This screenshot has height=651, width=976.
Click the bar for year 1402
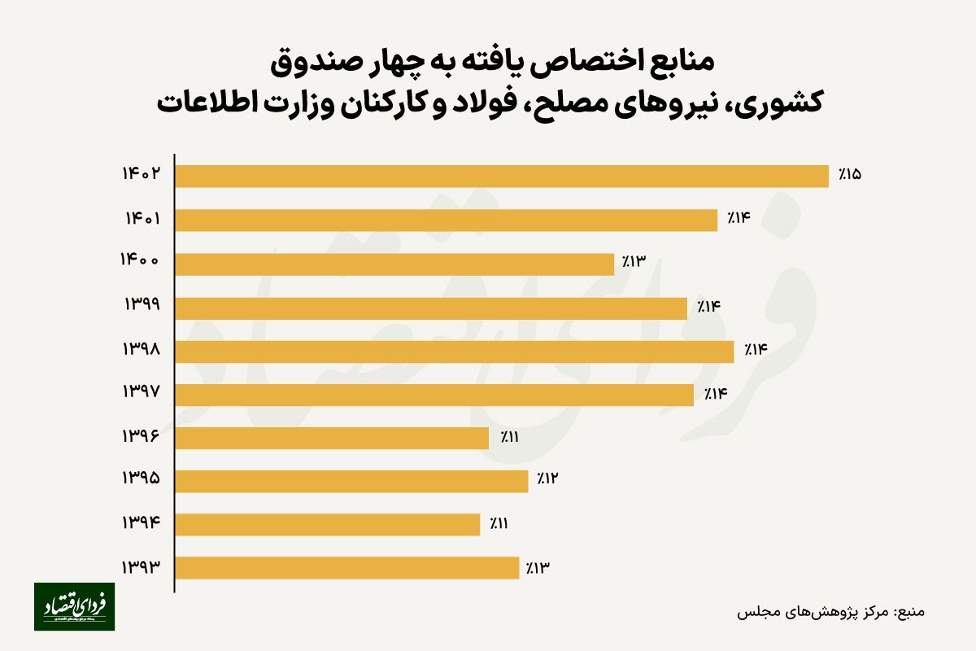coord(502,177)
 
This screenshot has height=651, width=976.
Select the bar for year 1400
coord(394,264)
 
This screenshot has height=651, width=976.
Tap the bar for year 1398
coord(455,351)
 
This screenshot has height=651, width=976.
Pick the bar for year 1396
coord(332,438)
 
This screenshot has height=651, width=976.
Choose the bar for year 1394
coord(328,525)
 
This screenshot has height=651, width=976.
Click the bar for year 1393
coord(347,568)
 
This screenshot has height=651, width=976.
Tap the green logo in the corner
coord(74,606)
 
